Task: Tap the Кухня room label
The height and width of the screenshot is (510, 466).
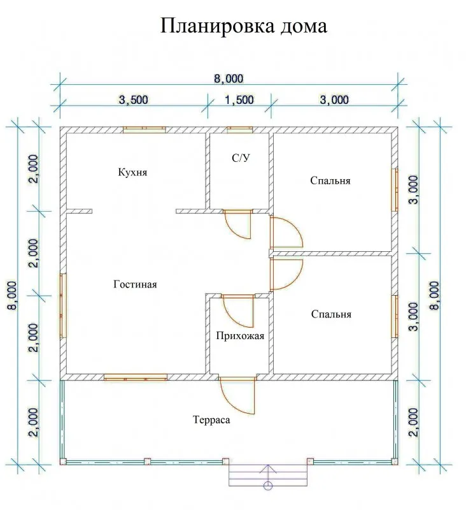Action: pyautogui.click(x=132, y=172)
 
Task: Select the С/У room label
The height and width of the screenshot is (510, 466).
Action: pyautogui.click(x=241, y=158)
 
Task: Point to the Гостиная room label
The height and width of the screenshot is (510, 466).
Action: pyautogui.click(x=135, y=284)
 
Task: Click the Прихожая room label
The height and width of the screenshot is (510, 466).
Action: pyautogui.click(x=240, y=336)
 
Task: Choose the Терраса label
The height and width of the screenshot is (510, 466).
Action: pyautogui.click(x=212, y=419)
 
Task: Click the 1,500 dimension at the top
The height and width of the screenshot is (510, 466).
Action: pyautogui.click(x=239, y=99)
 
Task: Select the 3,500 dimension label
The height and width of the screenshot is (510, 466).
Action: pyautogui.click(x=134, y=99)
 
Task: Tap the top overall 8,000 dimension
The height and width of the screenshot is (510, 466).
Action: pyautogui.click(x=229, y=78)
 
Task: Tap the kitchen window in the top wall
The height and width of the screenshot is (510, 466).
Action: pyautogui.click(x=144, y=130)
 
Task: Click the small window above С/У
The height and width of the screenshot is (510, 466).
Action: pyautogui.click(x=239, y=130)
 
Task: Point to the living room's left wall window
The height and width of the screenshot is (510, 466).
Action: pyautogui.click(x=63, y=305)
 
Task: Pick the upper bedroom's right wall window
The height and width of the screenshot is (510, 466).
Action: pyautogui.click(x=395, y=189)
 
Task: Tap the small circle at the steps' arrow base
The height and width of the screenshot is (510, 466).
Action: pyautogui.click(x=268, y=486)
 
